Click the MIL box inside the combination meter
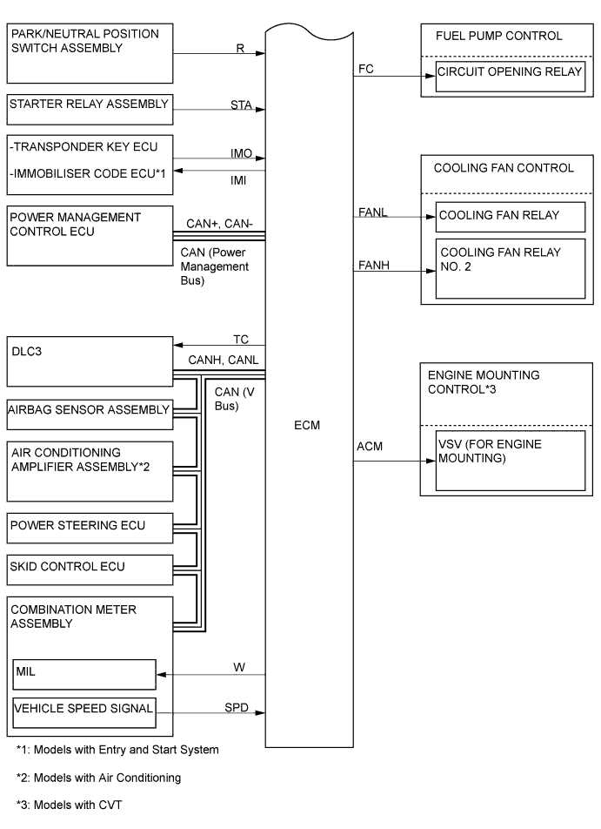pyautogui.click(x=83, y=673)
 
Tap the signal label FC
pyautogui.click(x=365, y=67)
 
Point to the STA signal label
pyautogui.click(x=241, y=105)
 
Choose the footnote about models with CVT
pyautogui.click(x=69, y=805)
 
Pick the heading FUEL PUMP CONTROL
pyautogui.click(x=498, y=36)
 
